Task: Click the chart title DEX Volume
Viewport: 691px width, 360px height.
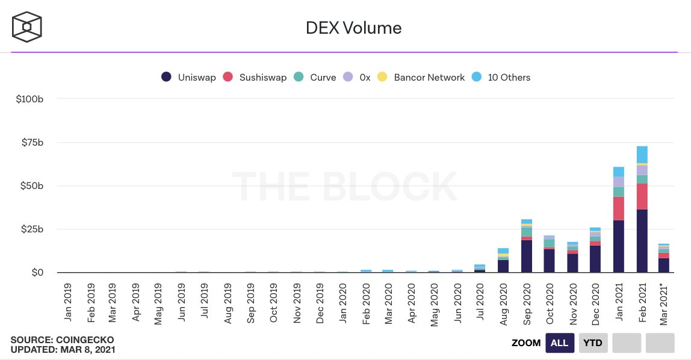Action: pos(345,28)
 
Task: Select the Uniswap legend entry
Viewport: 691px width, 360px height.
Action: pos(188,77)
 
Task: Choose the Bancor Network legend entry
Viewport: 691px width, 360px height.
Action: pos(421,77)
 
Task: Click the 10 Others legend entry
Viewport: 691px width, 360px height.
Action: pos(501,77)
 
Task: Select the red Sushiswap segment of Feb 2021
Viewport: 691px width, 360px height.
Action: pos(642,196)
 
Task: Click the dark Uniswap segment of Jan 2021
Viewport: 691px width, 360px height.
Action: pos(619,247)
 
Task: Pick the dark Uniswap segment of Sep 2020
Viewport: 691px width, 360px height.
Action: pos(527,256)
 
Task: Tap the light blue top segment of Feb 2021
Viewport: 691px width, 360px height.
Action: pos(642,154)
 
